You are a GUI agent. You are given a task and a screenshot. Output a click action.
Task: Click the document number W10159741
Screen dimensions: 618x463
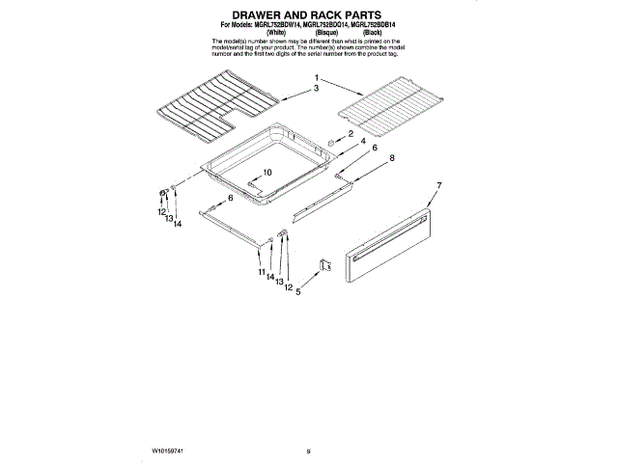(168, 422)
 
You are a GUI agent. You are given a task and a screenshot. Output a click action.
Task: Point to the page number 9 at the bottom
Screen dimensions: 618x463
(308, 422)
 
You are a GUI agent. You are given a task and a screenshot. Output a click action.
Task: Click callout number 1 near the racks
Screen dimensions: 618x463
(315, 77)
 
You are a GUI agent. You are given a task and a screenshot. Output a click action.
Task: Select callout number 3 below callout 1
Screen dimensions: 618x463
(315, 88)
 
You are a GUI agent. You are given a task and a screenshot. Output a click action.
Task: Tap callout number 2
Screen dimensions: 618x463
(351, 133)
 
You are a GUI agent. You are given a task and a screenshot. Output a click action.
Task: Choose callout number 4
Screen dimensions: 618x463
(362, 143)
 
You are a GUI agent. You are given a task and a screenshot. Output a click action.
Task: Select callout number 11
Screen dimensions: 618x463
(261, 273)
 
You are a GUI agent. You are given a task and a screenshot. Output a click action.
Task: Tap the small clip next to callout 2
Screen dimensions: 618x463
(332, 140)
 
